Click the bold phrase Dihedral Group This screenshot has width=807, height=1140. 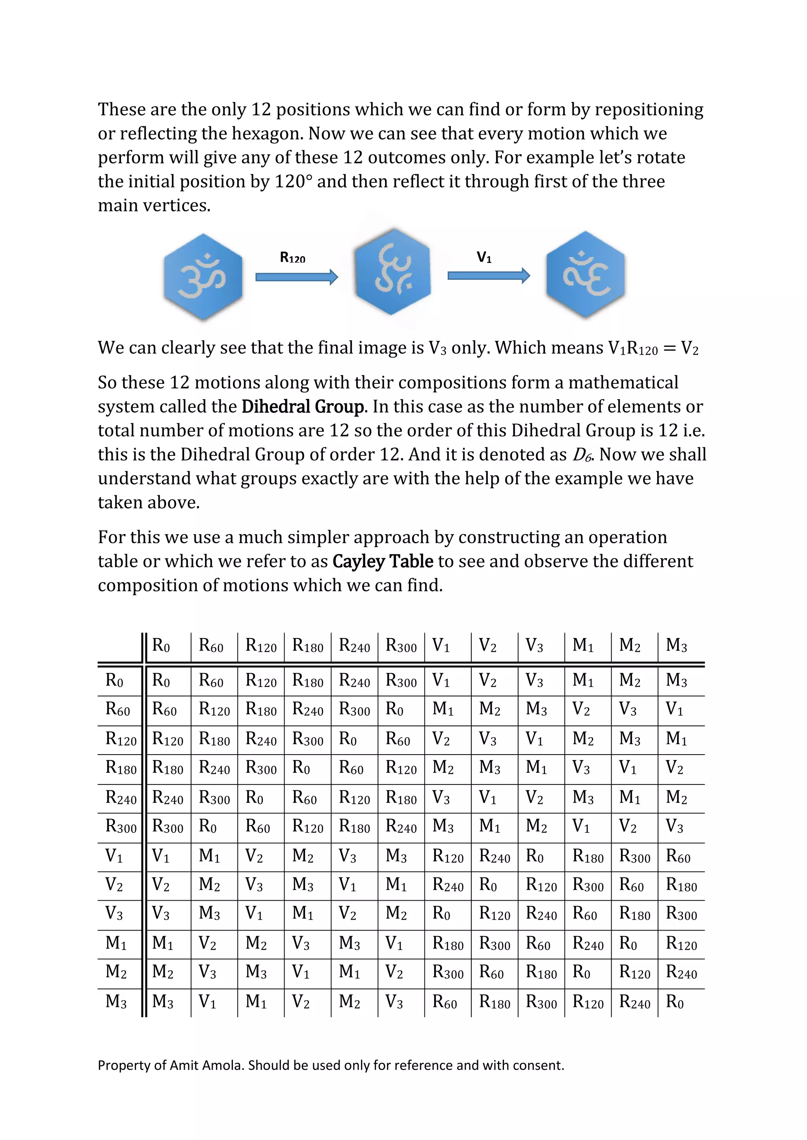pyautogui.click(x=303, y=407)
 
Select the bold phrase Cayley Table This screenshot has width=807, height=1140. pyautogui.click(x=383, y=562)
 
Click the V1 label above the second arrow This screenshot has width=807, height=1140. pyautogui.click(x=484, y=257)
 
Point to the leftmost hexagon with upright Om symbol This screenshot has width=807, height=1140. pyautogui.click(x=203, y=277)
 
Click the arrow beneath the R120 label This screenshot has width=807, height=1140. pyautogui.click(x=297, y=277)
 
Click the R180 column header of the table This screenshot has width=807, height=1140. pyautogui.click(x=308, y=646)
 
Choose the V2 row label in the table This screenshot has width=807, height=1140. pyautogui.click(x=114, y=885)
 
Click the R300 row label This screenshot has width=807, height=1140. pyautogui.click(x=121, y=827)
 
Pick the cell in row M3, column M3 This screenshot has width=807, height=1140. pyautogui.click(x=675, y=1003)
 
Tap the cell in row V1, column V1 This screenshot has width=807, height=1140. pyautogui.click(x=447, y=857)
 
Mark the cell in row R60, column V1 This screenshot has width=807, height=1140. pyautogui.click(x=443, y=709)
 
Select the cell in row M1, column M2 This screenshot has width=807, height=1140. pyautogui.click(x=628, y=944)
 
